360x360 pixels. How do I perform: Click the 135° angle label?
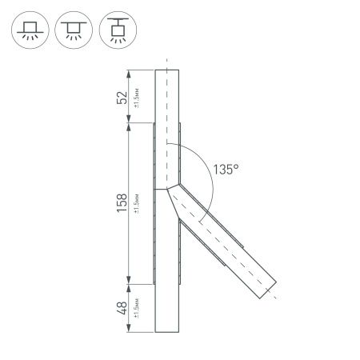[226, 169]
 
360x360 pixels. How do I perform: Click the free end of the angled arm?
[268, 290]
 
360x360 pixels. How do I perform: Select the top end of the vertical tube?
[166, 70]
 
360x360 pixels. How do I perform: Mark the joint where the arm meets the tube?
[171, 190]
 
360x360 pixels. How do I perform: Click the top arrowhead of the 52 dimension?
[129, 73]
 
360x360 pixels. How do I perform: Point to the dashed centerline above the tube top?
[166, 62]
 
